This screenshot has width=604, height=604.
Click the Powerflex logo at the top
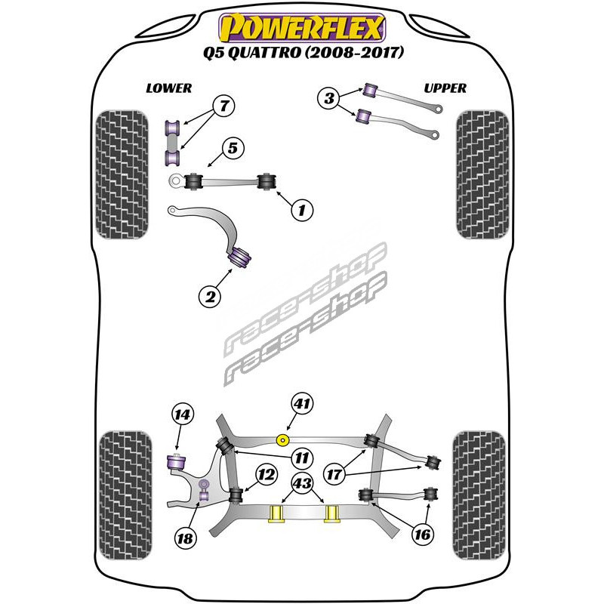(x=301, y=28)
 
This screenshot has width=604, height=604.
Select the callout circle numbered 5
(x=233, y=148)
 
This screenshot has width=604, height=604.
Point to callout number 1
(x=301, y=208)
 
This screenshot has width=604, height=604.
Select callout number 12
(x=265, y=474)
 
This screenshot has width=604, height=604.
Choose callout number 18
(x=185, y=538)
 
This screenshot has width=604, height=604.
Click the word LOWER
(x=168, y=88)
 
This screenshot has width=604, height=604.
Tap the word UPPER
(x=445, y=88)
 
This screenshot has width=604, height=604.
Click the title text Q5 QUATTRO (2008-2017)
(x=302, y=54)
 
